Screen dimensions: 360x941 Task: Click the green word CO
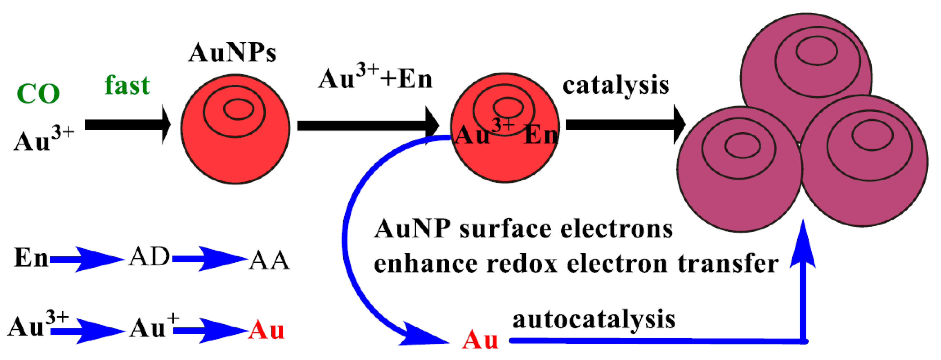coord(38,94)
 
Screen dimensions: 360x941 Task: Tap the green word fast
coord(127,85)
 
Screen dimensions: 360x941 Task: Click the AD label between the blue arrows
coord(149,257)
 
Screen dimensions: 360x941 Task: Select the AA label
coord(269,260)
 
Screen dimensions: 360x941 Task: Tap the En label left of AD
coord(31,258)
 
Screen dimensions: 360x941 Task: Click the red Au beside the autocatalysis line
coord(480,340)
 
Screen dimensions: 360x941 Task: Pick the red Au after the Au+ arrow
coord(266,330)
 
